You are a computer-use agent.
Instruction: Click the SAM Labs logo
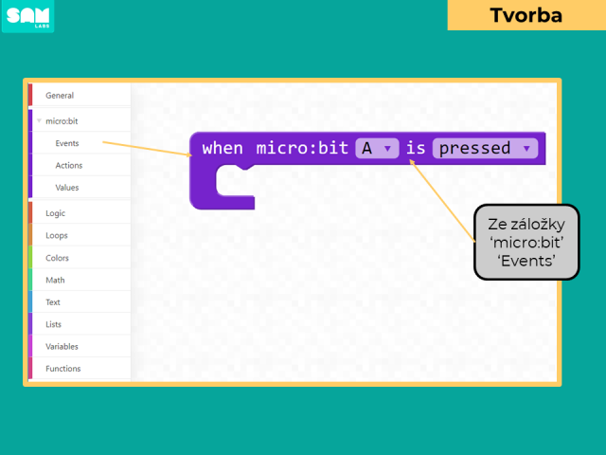click(27, 16)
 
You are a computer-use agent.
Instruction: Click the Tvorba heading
click(526, 15)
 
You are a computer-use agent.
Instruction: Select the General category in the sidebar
click(60, 96)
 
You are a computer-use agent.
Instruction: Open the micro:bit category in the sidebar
click(62, 121)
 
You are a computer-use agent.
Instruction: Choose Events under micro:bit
click(67, 143)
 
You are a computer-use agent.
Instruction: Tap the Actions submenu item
click(69, 166)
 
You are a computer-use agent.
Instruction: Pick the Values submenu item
click(67, 188)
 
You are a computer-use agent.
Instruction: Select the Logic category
click(55, 213)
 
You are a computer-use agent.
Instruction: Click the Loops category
click(57, 236)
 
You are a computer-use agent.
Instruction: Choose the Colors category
click(57, 258)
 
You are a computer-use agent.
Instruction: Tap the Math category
click(55, 281)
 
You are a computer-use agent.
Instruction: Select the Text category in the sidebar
click(53, 302)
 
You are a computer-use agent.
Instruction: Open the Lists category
click(53, 324)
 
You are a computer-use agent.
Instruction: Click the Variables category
click(62, 347)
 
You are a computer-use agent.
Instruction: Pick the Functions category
click(63, 369)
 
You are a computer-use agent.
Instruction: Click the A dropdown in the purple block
click(377, 148)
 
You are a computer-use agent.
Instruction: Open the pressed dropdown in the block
click(486, 148)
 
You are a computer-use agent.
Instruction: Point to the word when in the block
click(223, 148)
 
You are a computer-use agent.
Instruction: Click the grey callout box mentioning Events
click(526, 243)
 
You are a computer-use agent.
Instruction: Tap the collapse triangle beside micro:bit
click(39, 120)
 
